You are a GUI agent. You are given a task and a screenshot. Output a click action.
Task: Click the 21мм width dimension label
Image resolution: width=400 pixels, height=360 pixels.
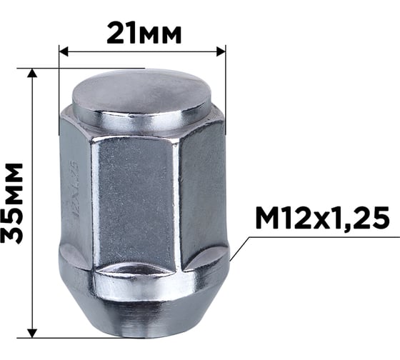pyautogui.click(x=144, y=33)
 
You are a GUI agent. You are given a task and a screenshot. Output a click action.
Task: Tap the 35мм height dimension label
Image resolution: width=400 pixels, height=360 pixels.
pyautogui.click(x=12, y=203)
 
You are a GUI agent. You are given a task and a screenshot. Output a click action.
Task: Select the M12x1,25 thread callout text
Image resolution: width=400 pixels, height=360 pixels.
pyautogui.click(x=322, y=219)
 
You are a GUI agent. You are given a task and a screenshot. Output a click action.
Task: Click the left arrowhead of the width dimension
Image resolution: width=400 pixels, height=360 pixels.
pyautogui.click(x=64, y=51)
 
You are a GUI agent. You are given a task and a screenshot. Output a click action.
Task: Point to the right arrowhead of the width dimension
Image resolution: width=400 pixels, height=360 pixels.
pyautogui.click(x=221, y=51)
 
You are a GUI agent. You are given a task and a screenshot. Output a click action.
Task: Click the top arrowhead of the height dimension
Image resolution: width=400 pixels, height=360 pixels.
pyautogui.click(x=32, y=73)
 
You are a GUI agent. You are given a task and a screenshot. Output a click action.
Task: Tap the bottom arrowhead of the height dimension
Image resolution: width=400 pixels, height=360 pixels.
pyautogui.click(x=32, y=334)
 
